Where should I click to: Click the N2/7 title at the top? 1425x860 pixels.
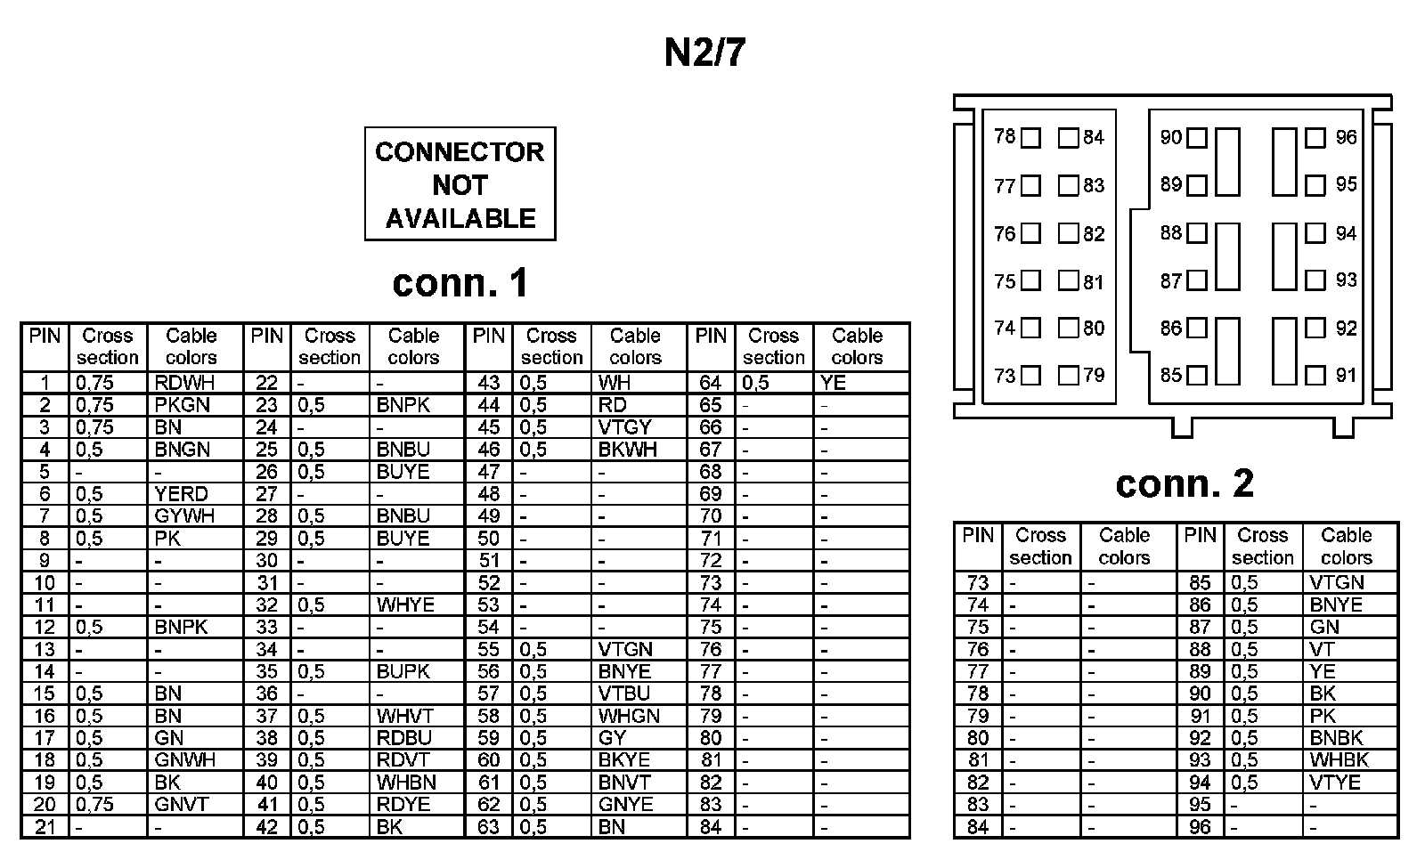[x=704, y=53]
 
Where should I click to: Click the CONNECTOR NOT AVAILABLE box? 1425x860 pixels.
[x=460, y=184]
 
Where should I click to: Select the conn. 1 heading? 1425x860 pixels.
[x=460, y=283]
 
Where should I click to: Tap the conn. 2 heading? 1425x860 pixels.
[x=1184, y=483]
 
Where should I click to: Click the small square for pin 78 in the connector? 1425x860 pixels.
[x=1031, y=138]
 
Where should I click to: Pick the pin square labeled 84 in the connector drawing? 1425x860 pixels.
[x=1068, y=138]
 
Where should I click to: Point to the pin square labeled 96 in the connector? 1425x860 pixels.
[x=1315, y=138]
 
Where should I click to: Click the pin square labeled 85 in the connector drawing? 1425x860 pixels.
[x=1197, y=376]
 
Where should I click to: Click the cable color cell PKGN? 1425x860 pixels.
[x=182, y=405]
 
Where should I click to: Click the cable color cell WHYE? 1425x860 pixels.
[x=405, y=605]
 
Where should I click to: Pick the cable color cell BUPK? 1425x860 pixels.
[x=403, y=671]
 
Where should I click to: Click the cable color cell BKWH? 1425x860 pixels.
[x=627, y=450]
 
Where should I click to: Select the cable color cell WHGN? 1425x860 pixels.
[x=629, y=716]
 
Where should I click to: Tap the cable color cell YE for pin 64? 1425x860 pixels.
[x=833, y=383]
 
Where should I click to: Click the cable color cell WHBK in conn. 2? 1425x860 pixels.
[x=1339, y=760]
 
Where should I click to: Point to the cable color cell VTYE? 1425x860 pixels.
[x=1335, y=783]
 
